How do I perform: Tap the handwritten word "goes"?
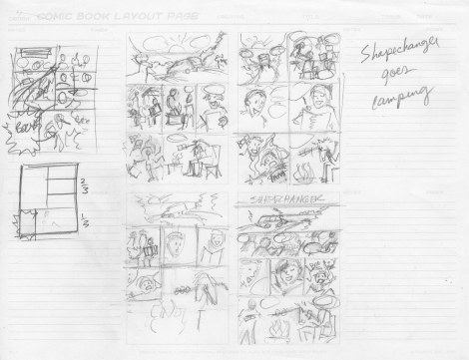pyautogui.click(x=399, y=76)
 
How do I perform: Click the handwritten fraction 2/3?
pyautogui.click(x=84, y=185)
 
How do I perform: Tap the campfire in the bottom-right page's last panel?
pyautogui.click(x=274, y=323)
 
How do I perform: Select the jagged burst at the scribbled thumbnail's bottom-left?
pyautogui.click(x=21, y=145)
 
